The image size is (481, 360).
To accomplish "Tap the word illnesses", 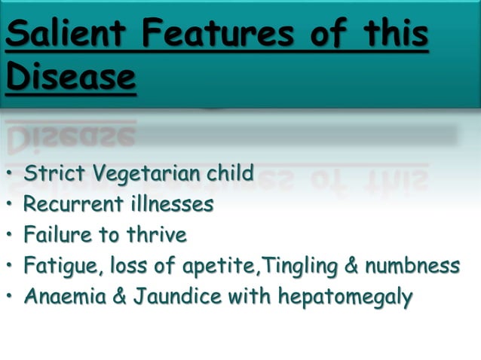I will point(170,204).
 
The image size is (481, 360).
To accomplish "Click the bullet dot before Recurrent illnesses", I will point(11,205).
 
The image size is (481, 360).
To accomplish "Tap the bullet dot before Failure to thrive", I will point(11,236).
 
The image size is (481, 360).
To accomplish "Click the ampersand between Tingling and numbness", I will point(351,266).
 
